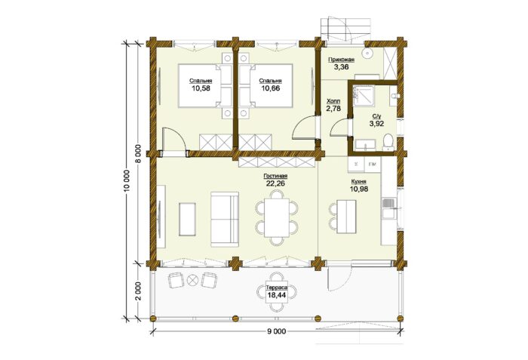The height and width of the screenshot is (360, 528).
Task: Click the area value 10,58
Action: point(201,88)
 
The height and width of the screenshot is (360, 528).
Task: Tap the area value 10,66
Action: point(270,88)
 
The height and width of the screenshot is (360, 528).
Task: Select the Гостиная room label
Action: point(275,177)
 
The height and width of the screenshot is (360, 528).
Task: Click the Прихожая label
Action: point(341,60)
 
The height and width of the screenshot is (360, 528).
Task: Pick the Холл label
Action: point(333,101)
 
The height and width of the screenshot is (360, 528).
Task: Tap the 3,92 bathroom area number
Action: point(376,123)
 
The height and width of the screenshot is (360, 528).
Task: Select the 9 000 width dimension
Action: point(277,331)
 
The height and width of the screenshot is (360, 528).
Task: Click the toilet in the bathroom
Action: point(388,142)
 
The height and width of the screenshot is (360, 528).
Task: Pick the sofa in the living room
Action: point(225,219)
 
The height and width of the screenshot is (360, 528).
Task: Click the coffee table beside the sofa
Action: point(187,219)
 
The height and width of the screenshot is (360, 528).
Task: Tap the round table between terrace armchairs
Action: point(192,280)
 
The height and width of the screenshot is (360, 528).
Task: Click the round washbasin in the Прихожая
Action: point(367,54)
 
